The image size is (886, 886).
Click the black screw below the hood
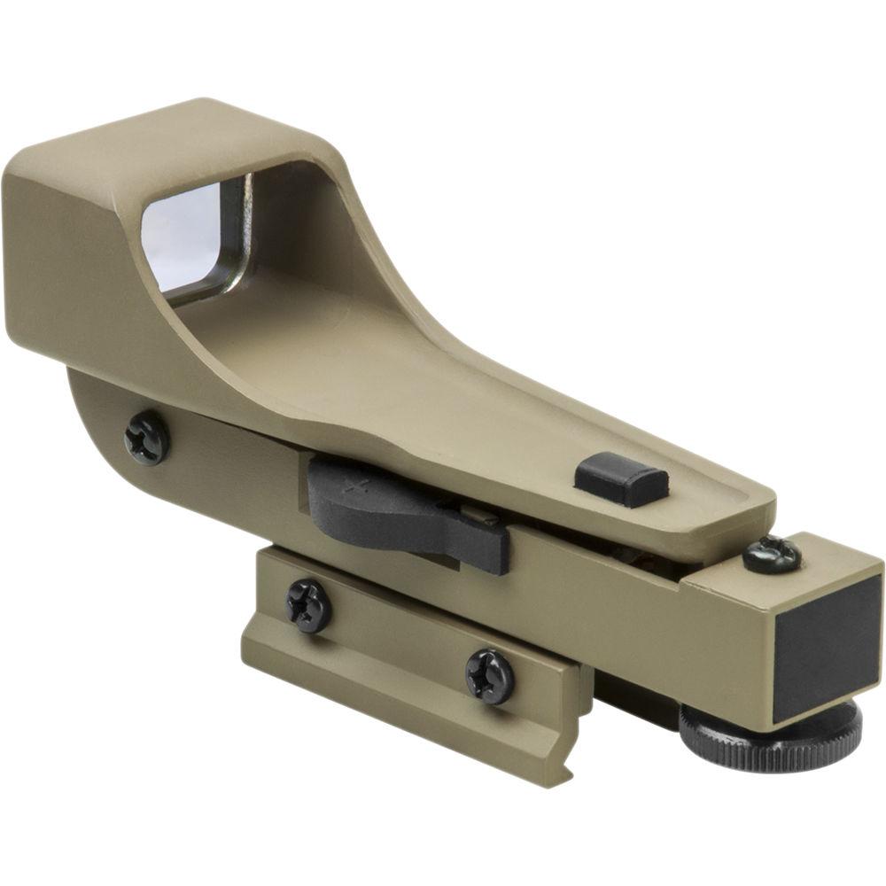(146, 437)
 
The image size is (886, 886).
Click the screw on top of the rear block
(771, 555)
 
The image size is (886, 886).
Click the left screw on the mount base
(308, 606)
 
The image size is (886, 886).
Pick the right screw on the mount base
(489, 676)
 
